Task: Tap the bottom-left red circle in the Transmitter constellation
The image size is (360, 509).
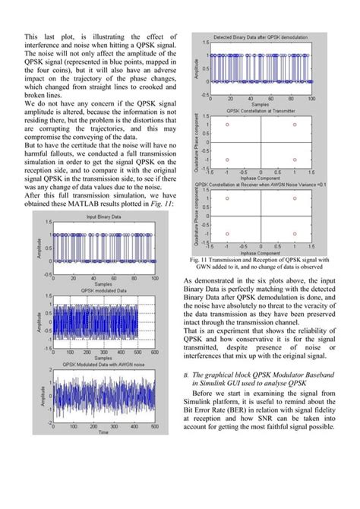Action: [227, 160]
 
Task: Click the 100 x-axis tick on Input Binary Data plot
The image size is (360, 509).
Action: [155, 279]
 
